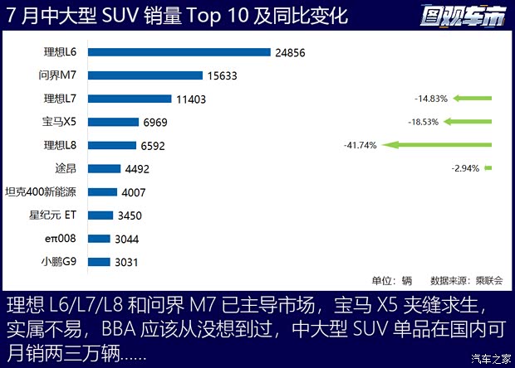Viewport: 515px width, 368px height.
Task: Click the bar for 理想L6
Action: coord(179,52)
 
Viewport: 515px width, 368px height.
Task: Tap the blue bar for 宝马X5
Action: coord(113,122)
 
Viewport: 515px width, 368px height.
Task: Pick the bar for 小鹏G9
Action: coord(98,262)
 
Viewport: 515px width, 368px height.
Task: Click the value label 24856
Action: coord(291,52)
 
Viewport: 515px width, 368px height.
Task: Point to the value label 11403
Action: coord(190,99)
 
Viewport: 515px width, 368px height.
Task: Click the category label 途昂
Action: coord(65,169)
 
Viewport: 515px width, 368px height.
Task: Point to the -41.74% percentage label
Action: coord(360,146)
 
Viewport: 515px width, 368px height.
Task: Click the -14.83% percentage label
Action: coord(431,99)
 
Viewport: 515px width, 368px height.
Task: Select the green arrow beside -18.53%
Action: coord(468,122)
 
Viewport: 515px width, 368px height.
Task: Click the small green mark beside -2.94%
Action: coord(488,168)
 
